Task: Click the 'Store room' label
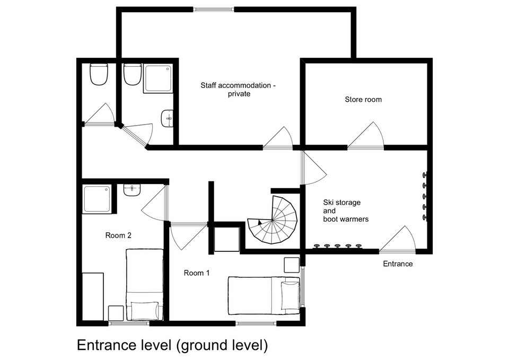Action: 363,99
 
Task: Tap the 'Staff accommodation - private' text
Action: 238,90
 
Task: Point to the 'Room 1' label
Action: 196,273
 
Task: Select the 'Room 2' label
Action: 118,235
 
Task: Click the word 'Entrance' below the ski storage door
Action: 398,264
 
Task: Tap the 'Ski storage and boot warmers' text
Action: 346,210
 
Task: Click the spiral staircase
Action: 273,220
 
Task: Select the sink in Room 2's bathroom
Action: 132,190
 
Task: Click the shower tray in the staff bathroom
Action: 158,79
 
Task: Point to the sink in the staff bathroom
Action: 167,118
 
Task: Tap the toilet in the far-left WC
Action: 99,74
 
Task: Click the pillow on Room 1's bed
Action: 290,296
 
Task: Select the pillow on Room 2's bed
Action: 145,311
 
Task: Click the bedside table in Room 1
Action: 292,265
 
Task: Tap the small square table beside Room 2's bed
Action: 116,313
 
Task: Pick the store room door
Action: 366,136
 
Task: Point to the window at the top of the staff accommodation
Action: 214,9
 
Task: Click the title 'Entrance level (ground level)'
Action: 172,345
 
